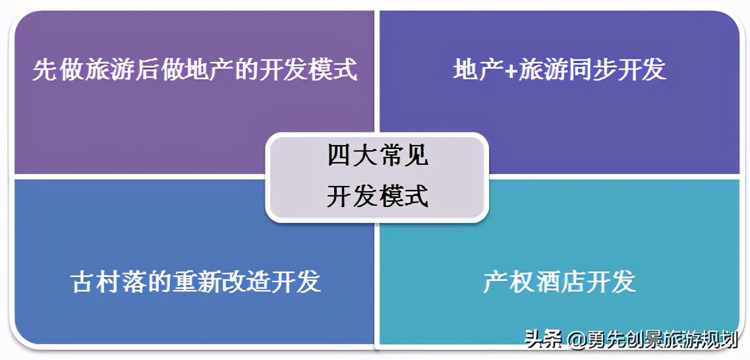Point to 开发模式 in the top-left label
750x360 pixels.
click(307, 70)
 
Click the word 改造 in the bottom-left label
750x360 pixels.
click(245, 282)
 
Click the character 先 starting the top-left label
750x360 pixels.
click(44, 70)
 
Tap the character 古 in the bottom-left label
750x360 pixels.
click(82, 282)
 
